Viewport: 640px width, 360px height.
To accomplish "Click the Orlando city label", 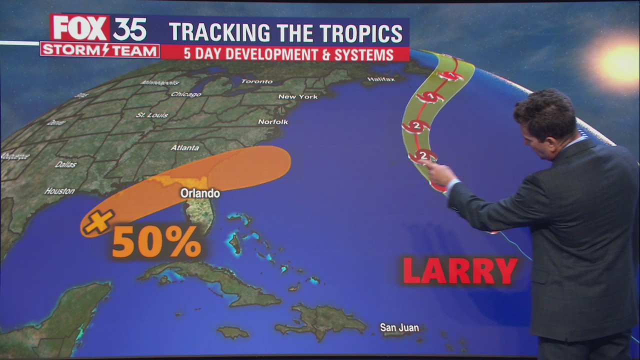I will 200,193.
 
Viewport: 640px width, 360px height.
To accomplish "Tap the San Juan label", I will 399,328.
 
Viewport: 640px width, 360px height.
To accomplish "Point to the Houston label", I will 59,191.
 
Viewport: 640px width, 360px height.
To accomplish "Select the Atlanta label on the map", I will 185,148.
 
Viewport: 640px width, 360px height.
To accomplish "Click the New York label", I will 298,96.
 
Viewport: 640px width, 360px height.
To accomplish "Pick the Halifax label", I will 381,79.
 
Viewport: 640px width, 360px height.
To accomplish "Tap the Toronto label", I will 257,81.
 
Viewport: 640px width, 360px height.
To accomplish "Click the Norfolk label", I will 273,122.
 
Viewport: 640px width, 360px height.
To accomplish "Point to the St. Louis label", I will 152,115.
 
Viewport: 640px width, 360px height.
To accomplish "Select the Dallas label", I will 66,164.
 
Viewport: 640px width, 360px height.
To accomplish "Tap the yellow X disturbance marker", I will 98,221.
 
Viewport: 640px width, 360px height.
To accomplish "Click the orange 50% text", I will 156,243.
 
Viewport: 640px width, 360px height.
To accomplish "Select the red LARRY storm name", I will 459,271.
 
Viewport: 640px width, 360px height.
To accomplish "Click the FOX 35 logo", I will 99,29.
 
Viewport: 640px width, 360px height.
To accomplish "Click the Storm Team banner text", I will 99,50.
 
